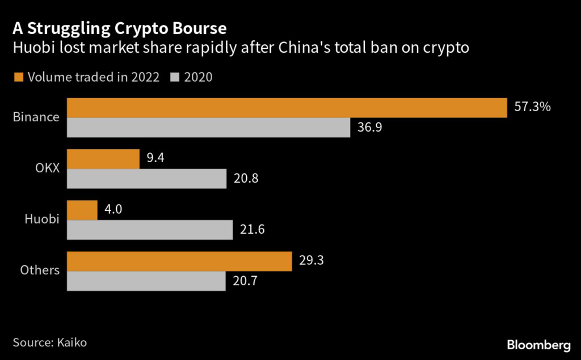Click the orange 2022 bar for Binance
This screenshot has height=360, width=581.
tap(287, 108)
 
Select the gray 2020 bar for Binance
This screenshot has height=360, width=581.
tap(208, 128)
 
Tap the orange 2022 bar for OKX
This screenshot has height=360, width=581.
tap(103, 159)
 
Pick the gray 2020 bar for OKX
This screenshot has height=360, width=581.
tap(146, 179)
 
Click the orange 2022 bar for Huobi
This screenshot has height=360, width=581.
tap(82, 210)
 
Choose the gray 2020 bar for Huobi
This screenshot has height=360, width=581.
tap(150, 230)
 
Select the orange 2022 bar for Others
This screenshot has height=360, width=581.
tap(179, 261)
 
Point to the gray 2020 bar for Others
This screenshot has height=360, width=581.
tap(146, 281)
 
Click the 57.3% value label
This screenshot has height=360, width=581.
tap(532, 107)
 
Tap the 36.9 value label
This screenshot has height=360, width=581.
tap(370, 128)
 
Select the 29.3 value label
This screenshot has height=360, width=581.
tap(311, 261)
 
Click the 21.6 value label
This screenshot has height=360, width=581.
tap(252, 230)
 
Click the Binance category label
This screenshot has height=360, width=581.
tap(36, 117)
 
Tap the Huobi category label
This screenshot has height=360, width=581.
tap(43, 219)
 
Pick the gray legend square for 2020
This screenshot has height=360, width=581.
tap(174, 77)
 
